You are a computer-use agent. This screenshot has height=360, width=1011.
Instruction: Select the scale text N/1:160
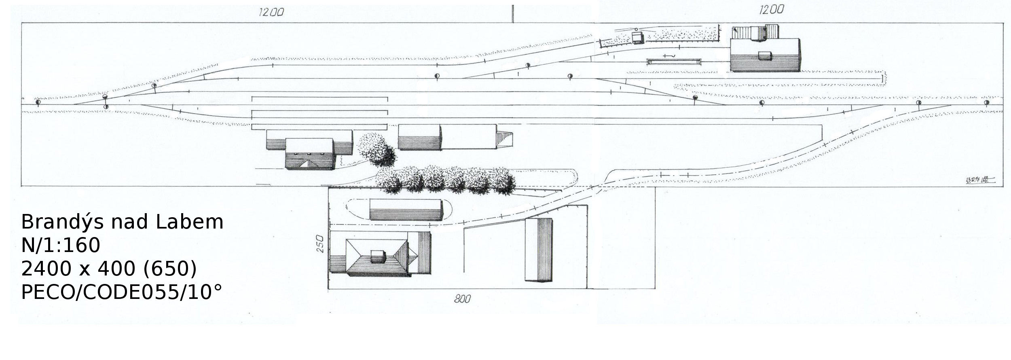[x=61, y=246]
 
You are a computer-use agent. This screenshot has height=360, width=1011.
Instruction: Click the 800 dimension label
[x=462, y=299]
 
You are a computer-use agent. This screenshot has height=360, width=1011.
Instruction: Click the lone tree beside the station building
[x=377, y=150]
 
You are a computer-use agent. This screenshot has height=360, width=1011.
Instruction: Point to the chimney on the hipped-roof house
[x=378, y=256]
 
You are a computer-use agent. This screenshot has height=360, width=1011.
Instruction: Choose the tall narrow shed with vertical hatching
[x=538, y=250]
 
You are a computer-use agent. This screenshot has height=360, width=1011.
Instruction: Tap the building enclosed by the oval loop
[x=405, y=210]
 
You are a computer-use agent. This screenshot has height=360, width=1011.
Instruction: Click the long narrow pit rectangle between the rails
[x=674, y=62]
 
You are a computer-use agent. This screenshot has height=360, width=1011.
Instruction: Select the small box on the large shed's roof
[x=764, y=55]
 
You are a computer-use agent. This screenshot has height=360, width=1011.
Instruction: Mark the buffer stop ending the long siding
[x=882, y=78]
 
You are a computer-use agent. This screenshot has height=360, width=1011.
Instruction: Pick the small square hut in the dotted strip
[x=638, y=38]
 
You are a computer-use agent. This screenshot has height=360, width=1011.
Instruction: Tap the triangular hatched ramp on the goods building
[x=504, y=142]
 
